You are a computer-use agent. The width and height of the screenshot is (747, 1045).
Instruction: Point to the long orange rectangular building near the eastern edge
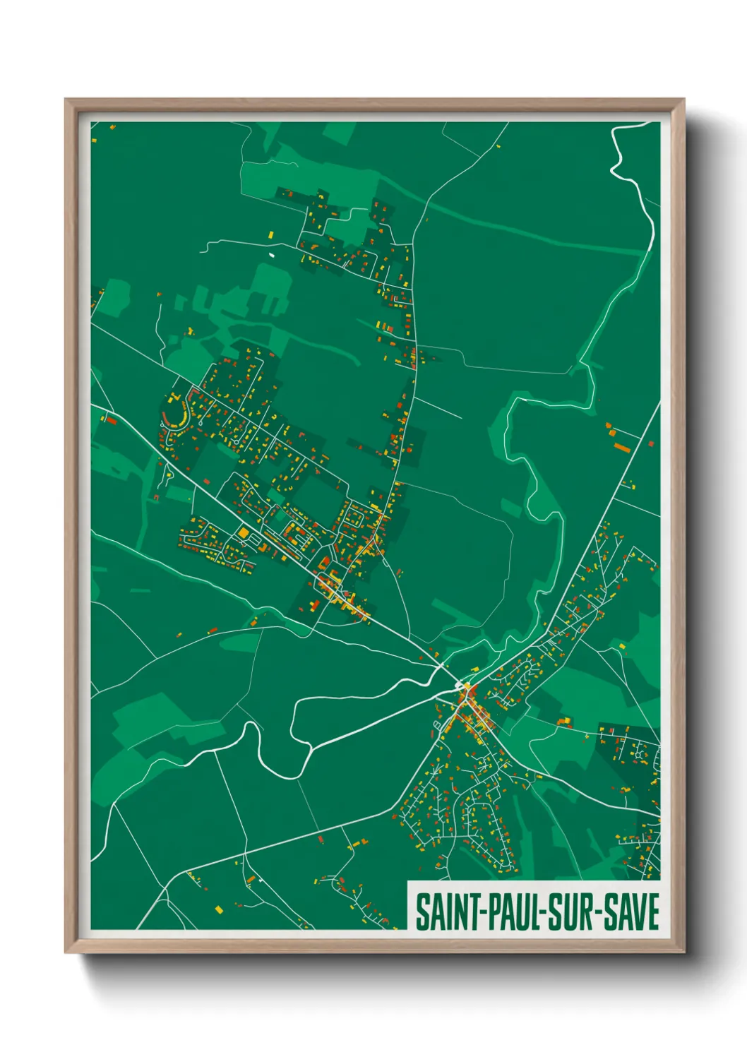tap(621, 446)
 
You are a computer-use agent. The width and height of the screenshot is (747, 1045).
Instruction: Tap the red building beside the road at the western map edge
tap(111, 420)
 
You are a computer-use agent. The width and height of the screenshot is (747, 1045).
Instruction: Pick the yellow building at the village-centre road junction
tap(467, 686)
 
